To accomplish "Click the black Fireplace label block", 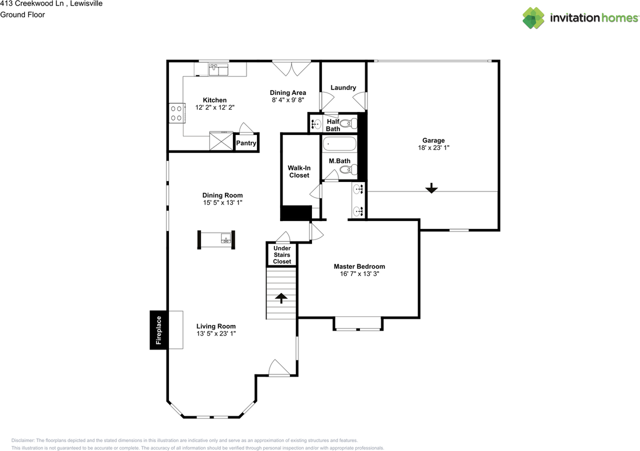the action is (158, 330).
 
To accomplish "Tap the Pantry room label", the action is (246, 143).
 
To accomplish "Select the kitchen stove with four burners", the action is (177, 113).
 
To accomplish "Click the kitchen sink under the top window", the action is (218, 69).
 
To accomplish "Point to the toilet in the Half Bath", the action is (348, 123).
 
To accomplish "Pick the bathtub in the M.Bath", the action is (339, 143).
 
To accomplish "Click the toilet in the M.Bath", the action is (348, 169).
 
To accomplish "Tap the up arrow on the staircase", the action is (281, 298).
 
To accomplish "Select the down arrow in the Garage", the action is (431, 188).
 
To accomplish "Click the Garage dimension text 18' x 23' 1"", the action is (433, 148).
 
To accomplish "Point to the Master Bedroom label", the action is (359, 266).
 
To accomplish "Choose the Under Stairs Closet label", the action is (282, 254).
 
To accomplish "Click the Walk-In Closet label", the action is (299, 171).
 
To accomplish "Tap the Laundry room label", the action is (343, 87).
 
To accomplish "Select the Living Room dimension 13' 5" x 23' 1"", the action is (216, 333).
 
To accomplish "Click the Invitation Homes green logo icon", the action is (533, 18).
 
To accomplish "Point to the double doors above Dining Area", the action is (291, 68).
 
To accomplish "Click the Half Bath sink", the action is (316, 124).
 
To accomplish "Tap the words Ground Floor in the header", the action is (22, 14).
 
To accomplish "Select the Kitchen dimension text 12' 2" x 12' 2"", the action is (215, 107).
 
